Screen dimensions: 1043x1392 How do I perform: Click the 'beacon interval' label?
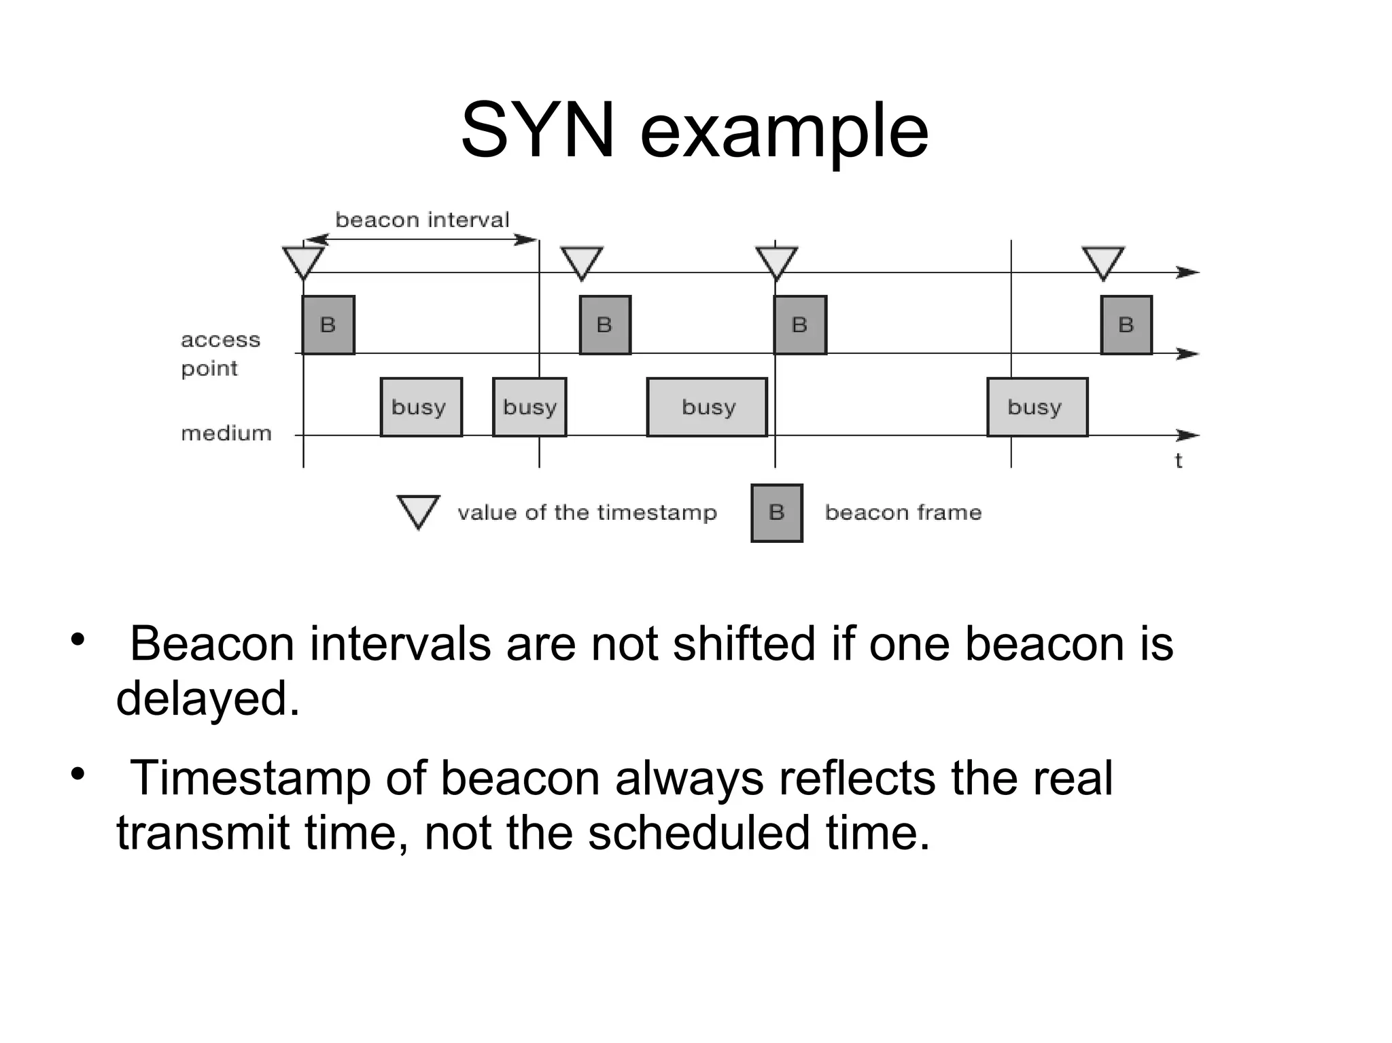(422, 219)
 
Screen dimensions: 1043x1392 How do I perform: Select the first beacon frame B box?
(328, 325)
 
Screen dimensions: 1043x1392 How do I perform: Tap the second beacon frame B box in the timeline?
(605, 325)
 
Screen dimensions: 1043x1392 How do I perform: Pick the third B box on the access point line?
(800, 325)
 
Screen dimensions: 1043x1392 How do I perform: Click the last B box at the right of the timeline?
(1126, 325)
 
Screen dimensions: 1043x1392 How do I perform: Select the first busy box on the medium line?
(421, 407)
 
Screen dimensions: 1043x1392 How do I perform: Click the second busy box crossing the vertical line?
(529, 407)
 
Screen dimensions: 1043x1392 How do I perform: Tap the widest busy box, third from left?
(707, 407)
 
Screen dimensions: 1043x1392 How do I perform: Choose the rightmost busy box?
(1037, 407)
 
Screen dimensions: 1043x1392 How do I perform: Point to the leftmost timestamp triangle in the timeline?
(303, 261)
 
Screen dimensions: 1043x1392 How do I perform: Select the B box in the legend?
(776, 513)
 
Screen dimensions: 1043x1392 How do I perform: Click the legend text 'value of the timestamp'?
(587, 512)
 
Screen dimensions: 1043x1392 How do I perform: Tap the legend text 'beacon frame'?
(903, 512)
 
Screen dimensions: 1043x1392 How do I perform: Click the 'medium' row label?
(226, 433)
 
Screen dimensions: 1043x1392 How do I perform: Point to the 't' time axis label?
(1179, 461)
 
